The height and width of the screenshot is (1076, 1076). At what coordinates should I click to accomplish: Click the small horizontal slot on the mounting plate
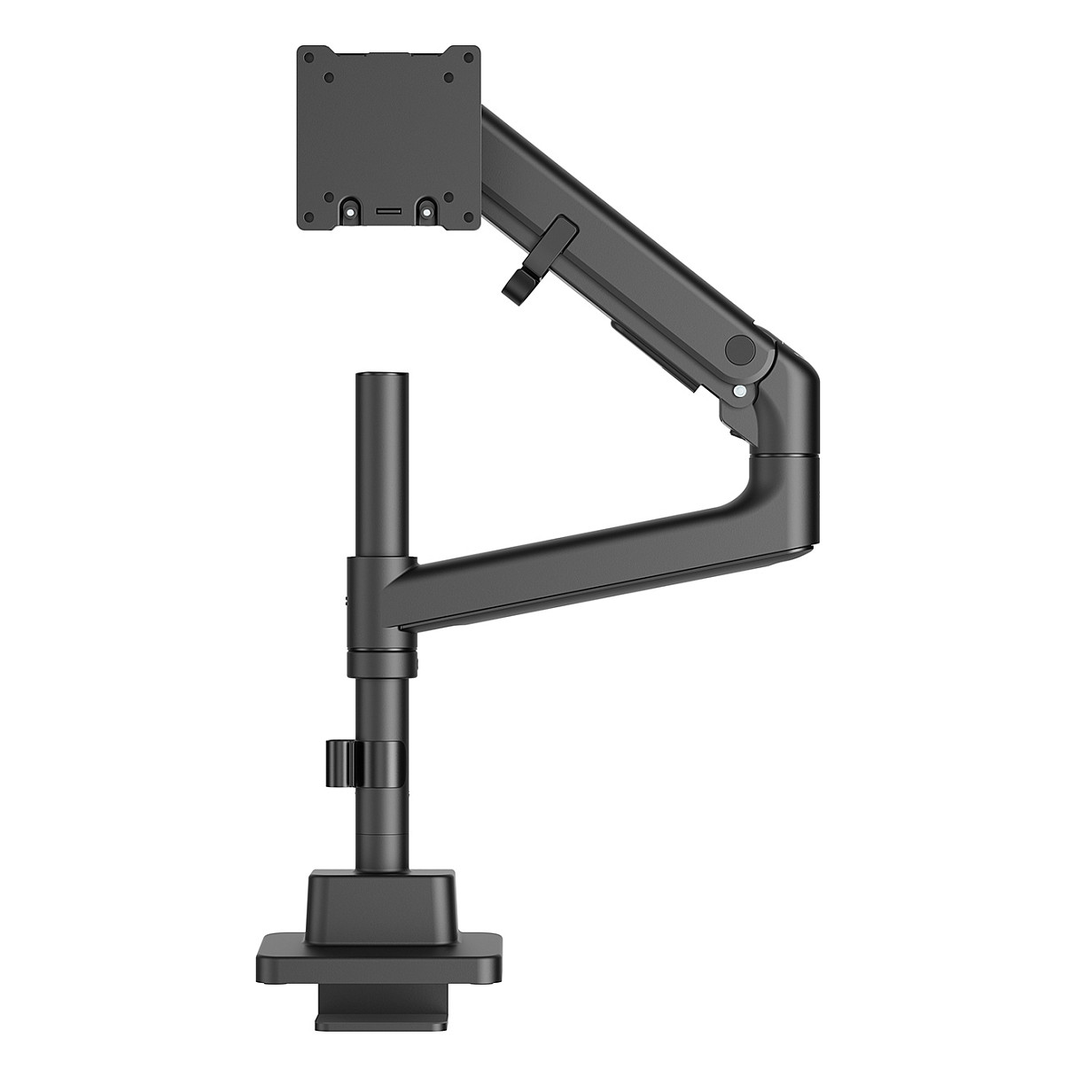pos(388,213)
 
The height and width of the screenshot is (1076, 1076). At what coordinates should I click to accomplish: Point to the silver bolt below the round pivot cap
pos(739,388)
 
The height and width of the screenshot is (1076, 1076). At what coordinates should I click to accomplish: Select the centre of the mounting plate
pos(387,137)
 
